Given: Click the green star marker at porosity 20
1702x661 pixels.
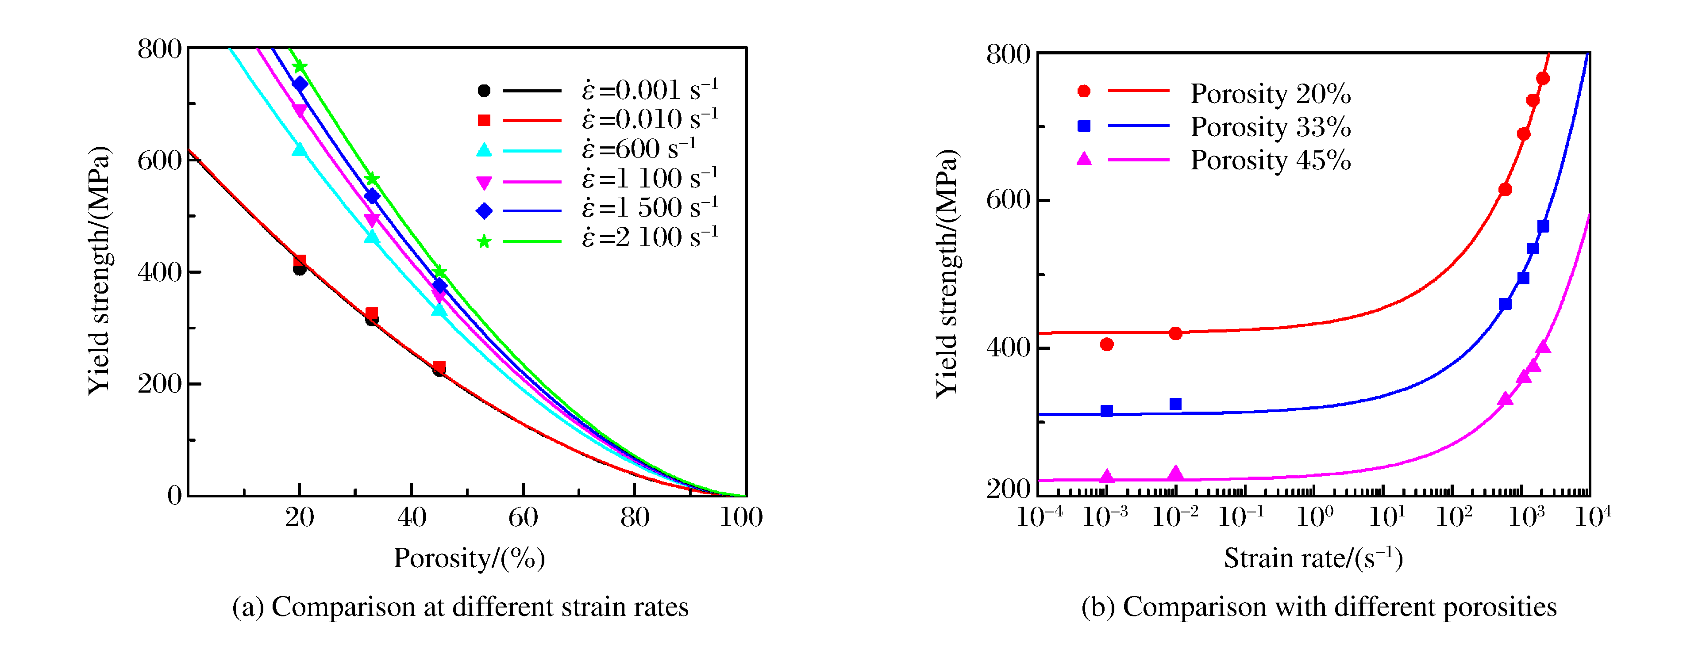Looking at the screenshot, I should tap(299, 67).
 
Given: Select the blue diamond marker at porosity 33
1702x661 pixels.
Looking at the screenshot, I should tap(372, 196).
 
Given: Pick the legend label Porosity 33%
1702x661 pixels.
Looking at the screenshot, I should tap(1270, 127).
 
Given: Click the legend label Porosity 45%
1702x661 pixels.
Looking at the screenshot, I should tap(1270, 160).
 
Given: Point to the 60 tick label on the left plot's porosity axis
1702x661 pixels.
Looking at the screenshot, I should tap(523, 517).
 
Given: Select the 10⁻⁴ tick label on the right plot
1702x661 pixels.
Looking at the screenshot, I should tap(1039, 517).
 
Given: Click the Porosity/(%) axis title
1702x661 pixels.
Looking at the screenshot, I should tap(469, 559).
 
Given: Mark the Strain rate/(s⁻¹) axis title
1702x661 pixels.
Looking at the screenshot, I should tap(1313, 559).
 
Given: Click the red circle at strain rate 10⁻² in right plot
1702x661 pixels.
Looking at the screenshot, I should tap(1175, 333).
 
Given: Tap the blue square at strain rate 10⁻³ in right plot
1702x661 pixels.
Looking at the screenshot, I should tap(1107, 411).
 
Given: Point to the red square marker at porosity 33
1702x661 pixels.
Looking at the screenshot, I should tap(372, 313).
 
